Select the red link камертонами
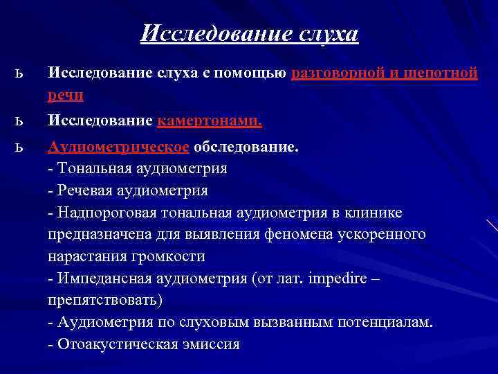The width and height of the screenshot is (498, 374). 210,121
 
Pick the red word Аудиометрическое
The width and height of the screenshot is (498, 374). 118,147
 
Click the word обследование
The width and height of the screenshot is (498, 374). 246,147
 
